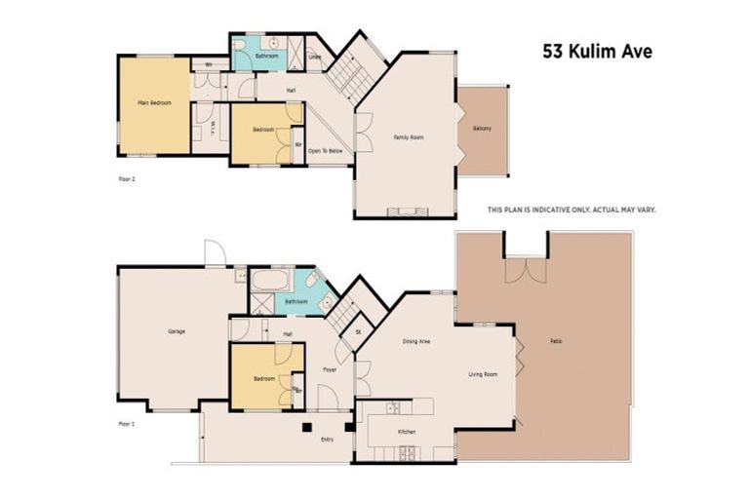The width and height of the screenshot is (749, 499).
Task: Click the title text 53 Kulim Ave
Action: click(x=598, y=52)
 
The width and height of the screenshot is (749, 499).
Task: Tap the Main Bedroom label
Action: click(x=154, y=102)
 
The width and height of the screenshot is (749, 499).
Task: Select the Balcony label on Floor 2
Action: click(x=483, y=129)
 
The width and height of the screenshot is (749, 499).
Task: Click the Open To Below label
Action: click(x=326, y=151)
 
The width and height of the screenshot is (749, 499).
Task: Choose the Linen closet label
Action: click(x=315, y=57)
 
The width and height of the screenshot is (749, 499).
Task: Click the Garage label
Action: click(x=177, y=331)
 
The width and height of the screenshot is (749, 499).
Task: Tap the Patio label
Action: click(x=555, y=341)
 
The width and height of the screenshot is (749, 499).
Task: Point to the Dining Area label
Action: click(x=417, y=341)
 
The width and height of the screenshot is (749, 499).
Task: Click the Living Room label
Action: click(x=484, y=373)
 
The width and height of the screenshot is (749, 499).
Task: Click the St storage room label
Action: click(x=358, y=331)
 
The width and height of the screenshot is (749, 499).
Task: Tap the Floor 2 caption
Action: click(x=125, y=179)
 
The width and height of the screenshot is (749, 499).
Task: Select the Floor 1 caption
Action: click(x=125, y=424)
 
